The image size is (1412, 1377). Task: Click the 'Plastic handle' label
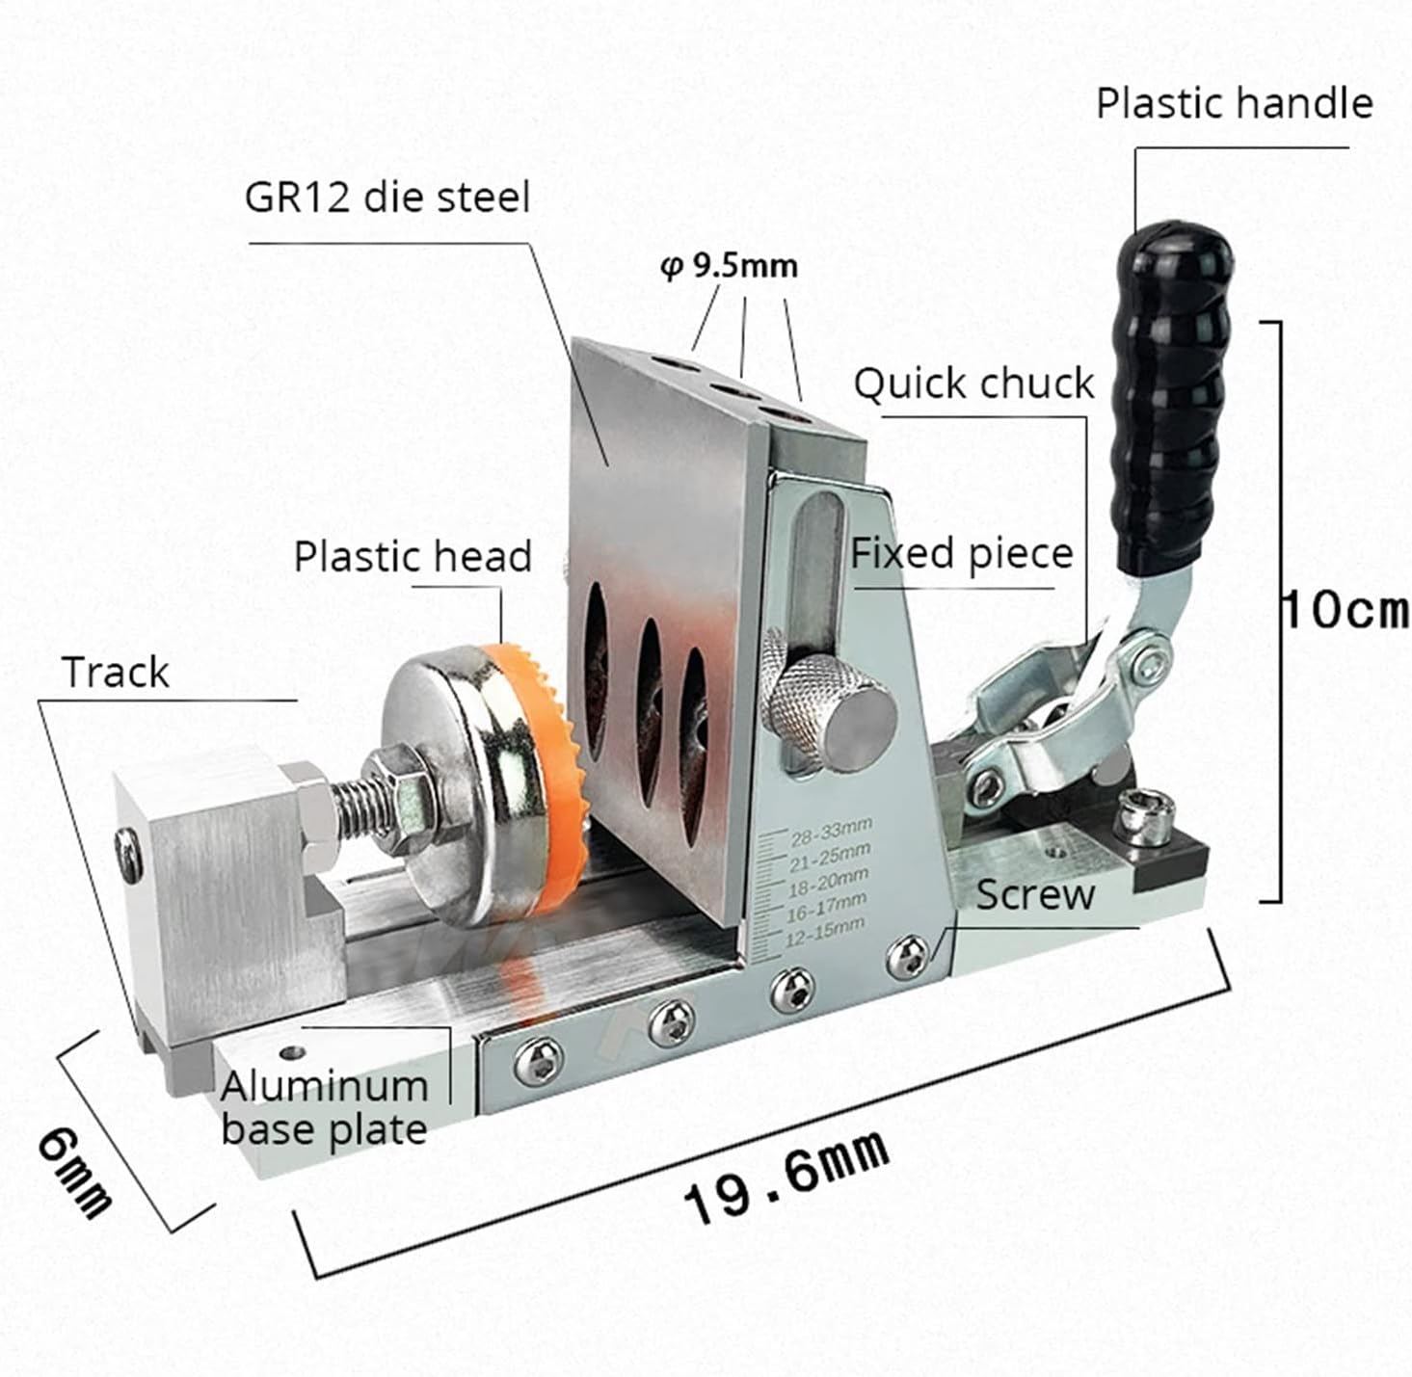(x=1234, y=103)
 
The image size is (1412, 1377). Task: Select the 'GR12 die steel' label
(x=387, y=198)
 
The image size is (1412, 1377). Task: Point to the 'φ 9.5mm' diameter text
(x=730, y=265)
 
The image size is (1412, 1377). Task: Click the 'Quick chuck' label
(x=974, y=384)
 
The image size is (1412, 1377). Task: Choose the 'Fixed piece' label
(x=961, y=553)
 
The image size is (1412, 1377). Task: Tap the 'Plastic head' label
(x=413, y=556)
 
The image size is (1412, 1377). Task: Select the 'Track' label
(x=116, y=672)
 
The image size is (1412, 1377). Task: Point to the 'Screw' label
(x=1035, y=894)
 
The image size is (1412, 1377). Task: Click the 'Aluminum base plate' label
(x=324, y=1107)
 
